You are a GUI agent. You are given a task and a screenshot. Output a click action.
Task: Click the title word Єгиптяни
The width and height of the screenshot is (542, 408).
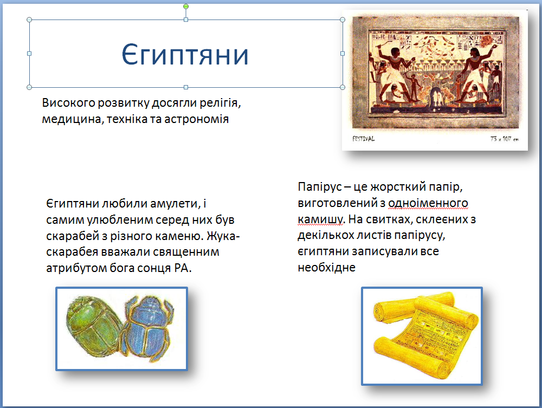tap(185, 55)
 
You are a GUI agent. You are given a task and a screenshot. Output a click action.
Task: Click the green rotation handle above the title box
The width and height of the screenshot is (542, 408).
tap(186, 7)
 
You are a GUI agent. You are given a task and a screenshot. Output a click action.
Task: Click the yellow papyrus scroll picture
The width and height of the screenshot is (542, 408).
tap(426, 335)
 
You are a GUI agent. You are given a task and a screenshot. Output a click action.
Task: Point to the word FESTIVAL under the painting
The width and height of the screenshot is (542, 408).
tap(363, 139)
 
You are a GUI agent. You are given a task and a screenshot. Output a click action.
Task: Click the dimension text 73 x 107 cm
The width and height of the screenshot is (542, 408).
tap(504, 139)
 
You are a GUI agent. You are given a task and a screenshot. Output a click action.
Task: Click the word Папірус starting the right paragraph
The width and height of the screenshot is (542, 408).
tap(319, 187)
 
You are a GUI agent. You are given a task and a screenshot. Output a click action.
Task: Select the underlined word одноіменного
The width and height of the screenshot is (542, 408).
tap(428, 203)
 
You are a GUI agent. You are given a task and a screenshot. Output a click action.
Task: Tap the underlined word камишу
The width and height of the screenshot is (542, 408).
tap(320, 219)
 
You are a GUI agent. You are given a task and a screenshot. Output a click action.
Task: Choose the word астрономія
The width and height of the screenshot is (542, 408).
tap(196, 119)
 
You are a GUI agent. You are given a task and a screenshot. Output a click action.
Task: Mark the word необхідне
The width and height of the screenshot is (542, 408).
tap(327, 267)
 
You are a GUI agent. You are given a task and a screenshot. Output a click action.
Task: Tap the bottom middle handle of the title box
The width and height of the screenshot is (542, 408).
tap(186, 87)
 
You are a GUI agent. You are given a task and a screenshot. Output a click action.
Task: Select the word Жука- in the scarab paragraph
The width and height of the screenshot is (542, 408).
tap(223, 236)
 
